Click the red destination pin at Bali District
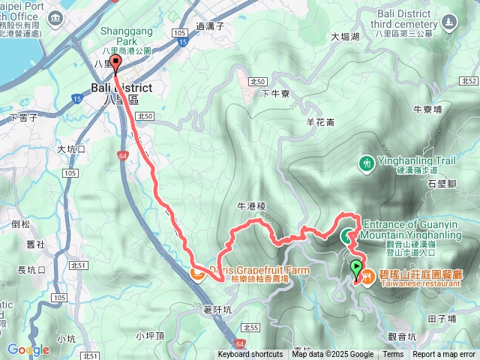pyautogui.click(x=115, y=64)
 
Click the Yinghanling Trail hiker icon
pyautogui.click(x=366, y=163)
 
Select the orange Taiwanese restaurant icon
pyautogui.click(x=367, y=277)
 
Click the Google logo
pyautogui.click(x=28, y=349)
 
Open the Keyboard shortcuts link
pyautogui.click(x=250, y=355)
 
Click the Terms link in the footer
pyautogui.click(x=393, y=355)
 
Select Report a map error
pyautogui.click(x=445, y=355)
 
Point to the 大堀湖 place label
pyautogui.click(x=345, y=36)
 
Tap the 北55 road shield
pyautogui.click(x=250, y=328)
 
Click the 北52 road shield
pyautogui.click(x=469, y=80)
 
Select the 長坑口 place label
pyautogui.click(x=31, y=270)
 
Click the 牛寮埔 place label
pyautogui.click(x=427, y=109)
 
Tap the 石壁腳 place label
pyautogui.click(x=442, y=182)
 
